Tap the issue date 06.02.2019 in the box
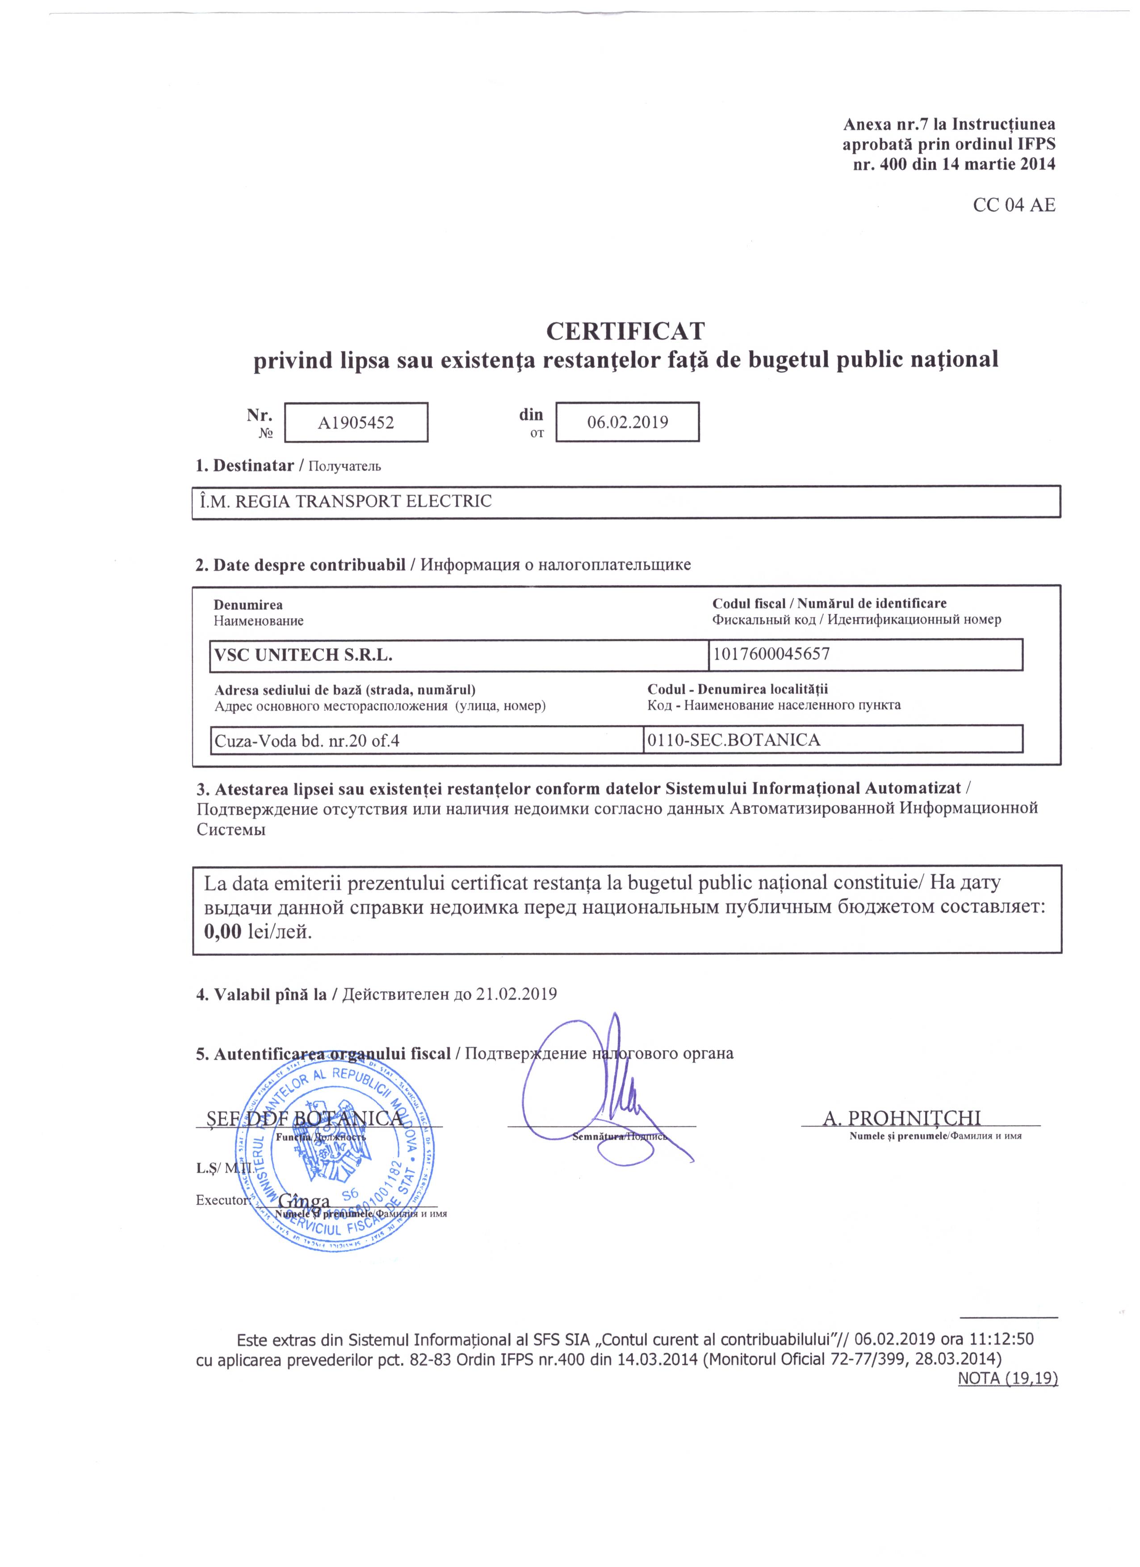627,422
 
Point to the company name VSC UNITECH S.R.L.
303,655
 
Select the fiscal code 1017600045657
771,654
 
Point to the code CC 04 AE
1014,205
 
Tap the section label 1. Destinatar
245,465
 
